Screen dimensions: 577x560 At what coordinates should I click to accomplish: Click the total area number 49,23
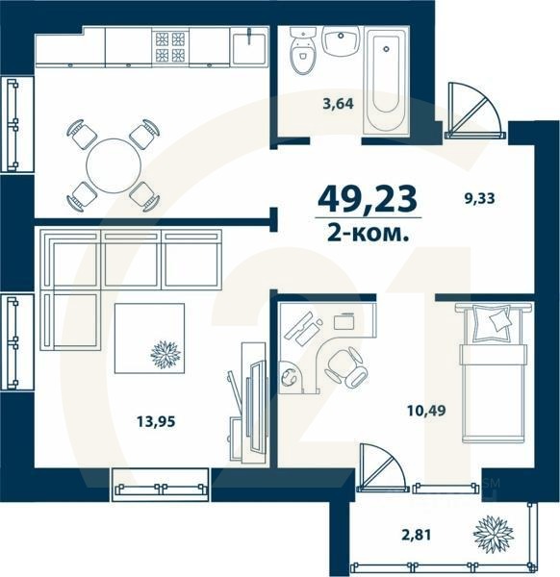368,200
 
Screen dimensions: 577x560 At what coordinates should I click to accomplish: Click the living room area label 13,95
142,419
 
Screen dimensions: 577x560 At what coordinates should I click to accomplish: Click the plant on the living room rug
165,353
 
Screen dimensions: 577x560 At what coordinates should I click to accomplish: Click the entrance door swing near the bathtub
473,108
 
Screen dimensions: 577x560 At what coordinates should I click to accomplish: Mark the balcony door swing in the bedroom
384,469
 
